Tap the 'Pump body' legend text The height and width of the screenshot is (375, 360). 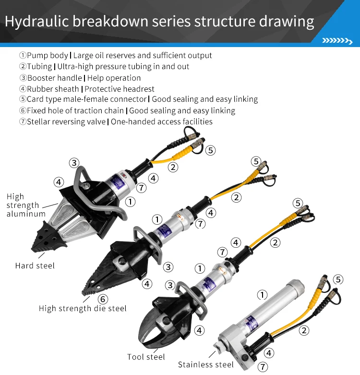48,56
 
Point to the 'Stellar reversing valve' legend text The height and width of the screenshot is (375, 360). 66,121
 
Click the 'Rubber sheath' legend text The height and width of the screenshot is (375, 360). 53,89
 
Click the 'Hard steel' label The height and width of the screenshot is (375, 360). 35,266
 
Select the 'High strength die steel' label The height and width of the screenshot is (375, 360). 83,308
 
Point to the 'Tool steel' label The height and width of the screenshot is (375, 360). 146,357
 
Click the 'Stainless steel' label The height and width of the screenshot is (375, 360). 205,365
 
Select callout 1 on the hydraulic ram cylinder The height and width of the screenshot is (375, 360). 262,294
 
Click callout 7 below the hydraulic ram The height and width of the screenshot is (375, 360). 263,367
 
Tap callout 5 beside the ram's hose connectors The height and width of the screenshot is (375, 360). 338,279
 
